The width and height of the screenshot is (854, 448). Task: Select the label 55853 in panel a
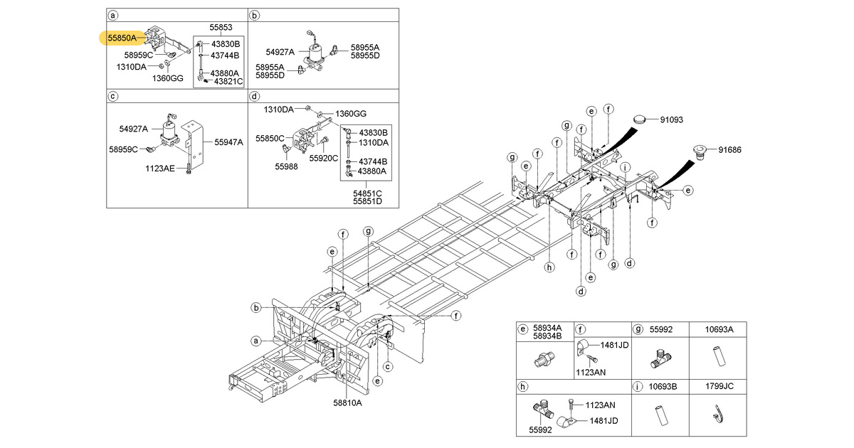pyautogui.click(x=221, y=28)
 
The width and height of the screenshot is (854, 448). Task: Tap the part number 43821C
pyautogui.click(x=223, y=82)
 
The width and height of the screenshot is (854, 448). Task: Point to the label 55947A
pyautogui.click(x=229, y=142)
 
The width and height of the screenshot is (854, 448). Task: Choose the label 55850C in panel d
pyautogui.click(x=270, y=138)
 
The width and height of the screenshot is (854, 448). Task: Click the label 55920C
pyautogui.click(x=324, y=159)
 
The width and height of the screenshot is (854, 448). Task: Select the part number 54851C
pyautogui.click(x=367, y=193)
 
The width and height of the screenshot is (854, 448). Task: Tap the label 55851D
pyautogui.click(x=367, y=201)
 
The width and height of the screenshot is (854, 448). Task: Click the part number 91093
pyautogui.click(x=671, y=120)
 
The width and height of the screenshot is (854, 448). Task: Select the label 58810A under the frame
pyautogui.click(x=347, y=402)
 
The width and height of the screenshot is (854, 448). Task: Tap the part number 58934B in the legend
pyautogui.click(x=547, y=336)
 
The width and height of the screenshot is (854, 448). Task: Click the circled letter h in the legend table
pyautogui.click(x=523, y=388)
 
